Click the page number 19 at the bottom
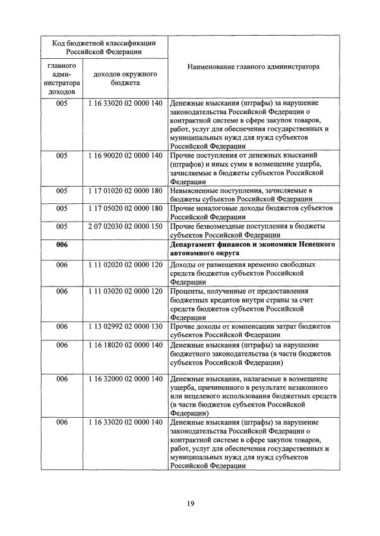tap(190, 503)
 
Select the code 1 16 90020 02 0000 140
tap(125, 155)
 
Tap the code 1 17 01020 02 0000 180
tap(125, 191)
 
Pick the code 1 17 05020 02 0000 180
tap(125, 209)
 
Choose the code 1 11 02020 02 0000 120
tap(125, 263)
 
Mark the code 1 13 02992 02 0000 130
tap(125, 326)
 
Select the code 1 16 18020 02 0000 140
tap(125, 345)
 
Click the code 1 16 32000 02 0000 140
tap(125, 379)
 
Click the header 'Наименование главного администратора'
tap(253, 67)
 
